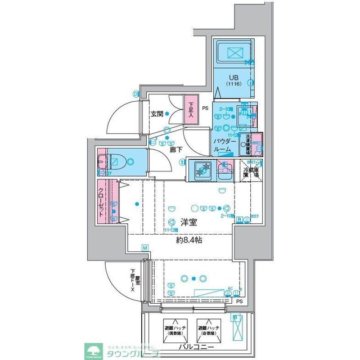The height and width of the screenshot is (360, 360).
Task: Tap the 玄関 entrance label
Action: (156, 114)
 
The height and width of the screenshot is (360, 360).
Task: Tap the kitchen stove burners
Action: (202, 169)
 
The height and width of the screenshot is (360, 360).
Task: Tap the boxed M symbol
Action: (145, 248)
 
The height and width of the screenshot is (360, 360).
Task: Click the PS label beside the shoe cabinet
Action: (205, 108)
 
